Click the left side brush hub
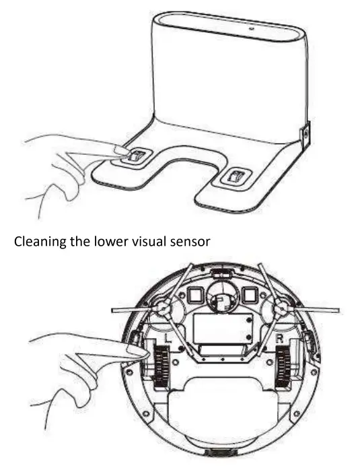tap(161, 308)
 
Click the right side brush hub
tap(281, 308)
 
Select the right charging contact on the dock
tap(236, 177)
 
